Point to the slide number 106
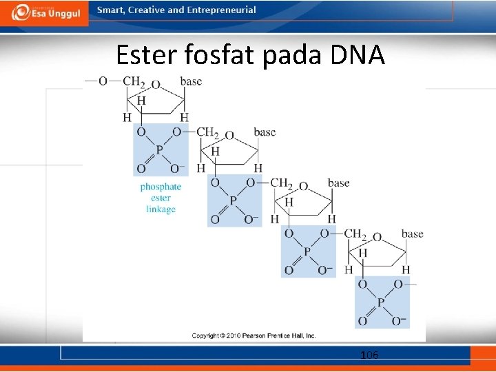369,355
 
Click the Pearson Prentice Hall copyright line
254,335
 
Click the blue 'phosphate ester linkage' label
161,198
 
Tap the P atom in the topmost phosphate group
160,149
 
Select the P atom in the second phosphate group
234,200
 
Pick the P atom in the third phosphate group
307,251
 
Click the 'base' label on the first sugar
191,81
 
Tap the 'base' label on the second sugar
265,132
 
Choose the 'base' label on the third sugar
338,183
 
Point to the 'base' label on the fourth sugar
412,234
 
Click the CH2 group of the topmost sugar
133,81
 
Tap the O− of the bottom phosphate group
400,321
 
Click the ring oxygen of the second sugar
229,136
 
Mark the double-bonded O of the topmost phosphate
141,169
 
